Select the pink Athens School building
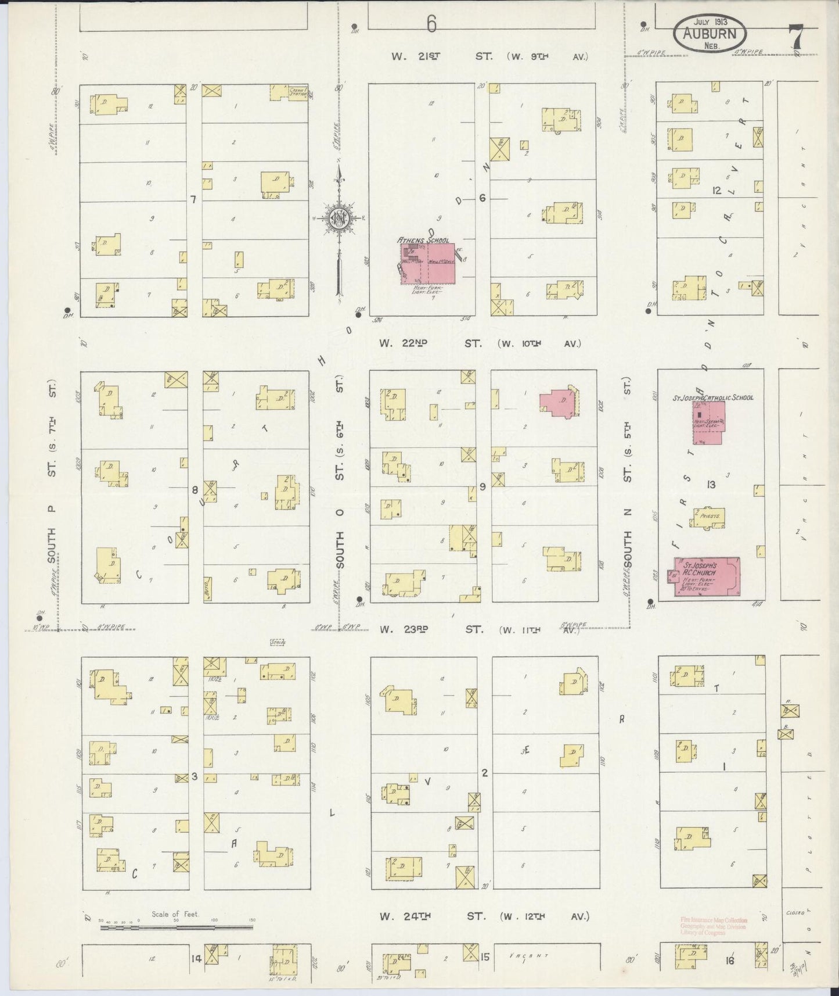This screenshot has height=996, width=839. (427, 264)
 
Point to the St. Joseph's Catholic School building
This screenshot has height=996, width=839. (707, 422)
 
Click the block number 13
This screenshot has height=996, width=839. (711, 485)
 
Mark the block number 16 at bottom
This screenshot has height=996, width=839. (729, 961)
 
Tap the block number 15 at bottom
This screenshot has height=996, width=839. (485, 955)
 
